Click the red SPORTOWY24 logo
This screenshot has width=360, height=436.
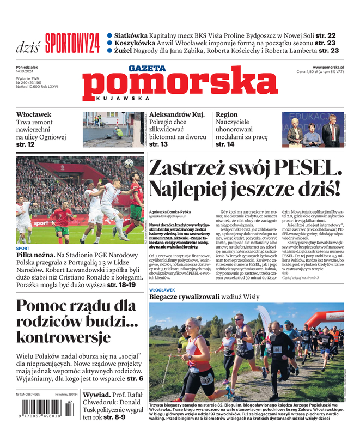click(x=72, y=43)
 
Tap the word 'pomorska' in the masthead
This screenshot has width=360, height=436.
click(x=173, y=85)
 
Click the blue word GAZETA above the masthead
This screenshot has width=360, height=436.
click(x=147, y=69)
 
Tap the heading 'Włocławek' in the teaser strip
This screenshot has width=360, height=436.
click(x=34, y=114)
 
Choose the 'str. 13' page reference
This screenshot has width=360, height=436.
click(x=158, y=144)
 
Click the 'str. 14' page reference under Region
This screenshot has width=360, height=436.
click(x=225, y=144)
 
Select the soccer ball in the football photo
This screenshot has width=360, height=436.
click(x=129, y=163)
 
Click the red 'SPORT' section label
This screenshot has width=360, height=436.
click(x=22, y=248)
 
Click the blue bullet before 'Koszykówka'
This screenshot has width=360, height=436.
click(x=110, y=43)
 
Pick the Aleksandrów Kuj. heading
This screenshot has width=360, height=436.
click(x=177, y=114)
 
